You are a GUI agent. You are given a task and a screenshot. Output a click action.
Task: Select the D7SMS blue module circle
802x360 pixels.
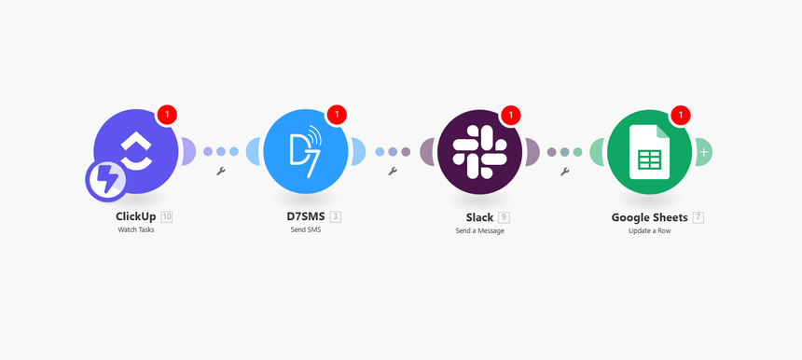[x=306, y=150]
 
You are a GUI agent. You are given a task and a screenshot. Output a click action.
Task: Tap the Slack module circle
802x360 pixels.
[x=479, y=150]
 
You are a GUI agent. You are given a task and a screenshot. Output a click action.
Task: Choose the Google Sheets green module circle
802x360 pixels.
[x=650, y=150]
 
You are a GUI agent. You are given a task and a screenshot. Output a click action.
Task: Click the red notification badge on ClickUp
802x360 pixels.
[x=167, y=115]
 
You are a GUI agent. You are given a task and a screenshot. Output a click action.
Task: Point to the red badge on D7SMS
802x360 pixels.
[x=337, y=115]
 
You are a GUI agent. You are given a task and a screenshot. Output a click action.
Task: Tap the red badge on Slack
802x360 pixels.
[x=510, y=115]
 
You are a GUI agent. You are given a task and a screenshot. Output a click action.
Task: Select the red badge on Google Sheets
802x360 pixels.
[x=681, y=115]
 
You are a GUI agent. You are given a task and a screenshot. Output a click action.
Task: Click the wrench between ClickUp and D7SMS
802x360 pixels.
[x=221, y=172]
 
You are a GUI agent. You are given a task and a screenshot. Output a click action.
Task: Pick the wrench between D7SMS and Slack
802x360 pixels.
[x=393, y=172]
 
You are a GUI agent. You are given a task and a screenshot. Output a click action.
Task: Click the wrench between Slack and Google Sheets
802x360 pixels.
[x=564, y=172]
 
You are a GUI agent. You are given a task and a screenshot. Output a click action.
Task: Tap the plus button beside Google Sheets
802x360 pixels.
[x=703, y=151]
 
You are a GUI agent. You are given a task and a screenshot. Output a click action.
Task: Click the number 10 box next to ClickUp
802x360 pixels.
[x=167, y=217]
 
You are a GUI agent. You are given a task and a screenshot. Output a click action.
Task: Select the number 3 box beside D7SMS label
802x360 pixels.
[x=336, y=217]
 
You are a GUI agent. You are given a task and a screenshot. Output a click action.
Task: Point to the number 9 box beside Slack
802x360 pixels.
[x=504, y=217]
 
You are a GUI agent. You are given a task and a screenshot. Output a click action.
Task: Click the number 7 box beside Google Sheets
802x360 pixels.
[x=698, y=217]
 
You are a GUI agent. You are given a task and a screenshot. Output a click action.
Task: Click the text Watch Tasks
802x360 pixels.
[x=136, y=230]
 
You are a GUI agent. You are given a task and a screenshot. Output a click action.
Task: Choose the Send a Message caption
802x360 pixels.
[x=479, y=230]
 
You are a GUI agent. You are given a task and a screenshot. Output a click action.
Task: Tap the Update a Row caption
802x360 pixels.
[x=650, y=230]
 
